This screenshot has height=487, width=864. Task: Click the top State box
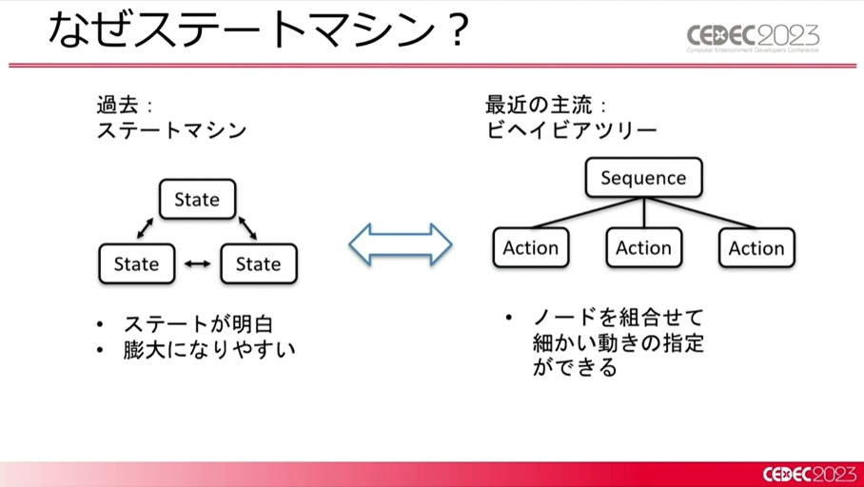(197, 199)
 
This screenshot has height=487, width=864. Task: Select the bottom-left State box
(137, 263)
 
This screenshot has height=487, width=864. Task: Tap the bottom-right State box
(259, 263)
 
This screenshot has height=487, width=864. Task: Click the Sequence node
(643, 177)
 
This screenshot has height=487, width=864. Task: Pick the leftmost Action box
(531, 248)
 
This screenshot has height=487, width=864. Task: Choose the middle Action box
(643, 248)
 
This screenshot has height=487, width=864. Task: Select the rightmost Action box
(756, 248)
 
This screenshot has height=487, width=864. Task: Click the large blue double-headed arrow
(401, 244)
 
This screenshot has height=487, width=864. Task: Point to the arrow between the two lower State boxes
(197, 263)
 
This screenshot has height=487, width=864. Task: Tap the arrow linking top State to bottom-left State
(145, 228)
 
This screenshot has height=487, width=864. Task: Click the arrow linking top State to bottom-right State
(247, 228)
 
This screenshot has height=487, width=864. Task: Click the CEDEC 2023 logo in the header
(753, 37)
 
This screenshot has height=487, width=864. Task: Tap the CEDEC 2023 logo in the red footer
(810, 475)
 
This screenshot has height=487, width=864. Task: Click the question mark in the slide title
(455, 30)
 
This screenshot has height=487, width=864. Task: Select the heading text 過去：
(125, 105)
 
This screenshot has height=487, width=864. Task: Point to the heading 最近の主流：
(546, 105)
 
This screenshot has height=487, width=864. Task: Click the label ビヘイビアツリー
(572, 131)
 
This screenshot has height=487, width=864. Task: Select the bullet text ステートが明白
(198, 324)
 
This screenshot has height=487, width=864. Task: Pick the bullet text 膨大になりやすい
(209, 350)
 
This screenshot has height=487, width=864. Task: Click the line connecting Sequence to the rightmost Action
(701, 213)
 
